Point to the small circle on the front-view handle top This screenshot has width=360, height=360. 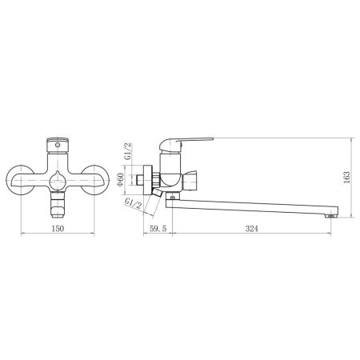point(58,144)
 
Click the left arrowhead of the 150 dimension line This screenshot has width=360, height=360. point(21,234)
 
